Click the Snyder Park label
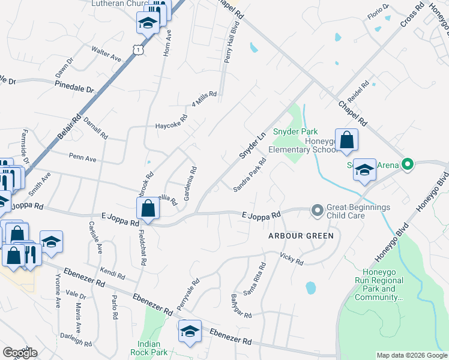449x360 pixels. click(x=295, y=131)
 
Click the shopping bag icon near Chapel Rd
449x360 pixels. click(x=346, y=140)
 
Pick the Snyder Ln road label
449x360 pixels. click(x=252, y=146)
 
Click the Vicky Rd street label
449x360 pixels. click(x=291, y=259)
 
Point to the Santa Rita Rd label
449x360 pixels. click(x=254, y=280)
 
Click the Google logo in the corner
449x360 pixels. click(x=19, y=353)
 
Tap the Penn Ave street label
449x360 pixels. click(x=82, y=158)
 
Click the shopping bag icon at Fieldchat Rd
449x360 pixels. click(x=148, y=209)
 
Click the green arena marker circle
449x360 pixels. click(x=408, y=164)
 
